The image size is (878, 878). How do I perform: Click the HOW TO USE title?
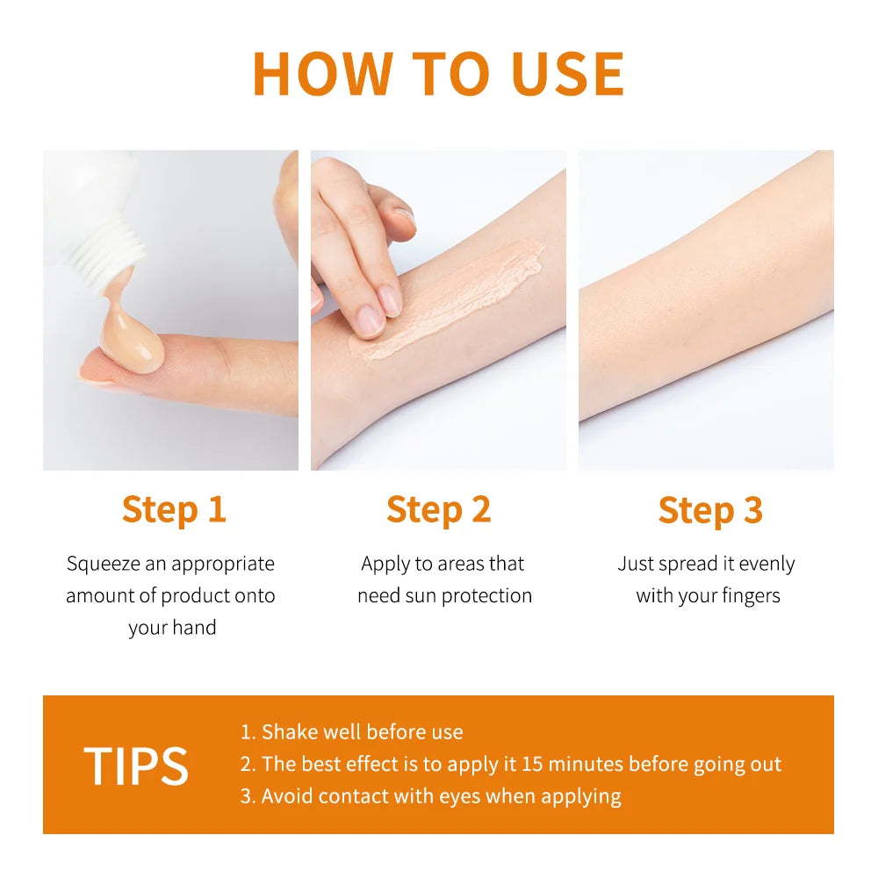[438, 74]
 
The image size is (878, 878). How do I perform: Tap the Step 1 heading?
[174, 510]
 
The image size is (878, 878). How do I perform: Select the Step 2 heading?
[438, 510]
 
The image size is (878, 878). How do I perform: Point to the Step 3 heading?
[709, 510]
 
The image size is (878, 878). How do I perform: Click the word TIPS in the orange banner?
[136, 766]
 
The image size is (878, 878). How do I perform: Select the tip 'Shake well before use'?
[362, 731]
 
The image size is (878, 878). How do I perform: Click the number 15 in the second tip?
[533, 764]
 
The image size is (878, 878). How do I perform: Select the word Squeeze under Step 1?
[101, 564]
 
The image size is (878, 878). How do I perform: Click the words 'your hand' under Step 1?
[172, 628]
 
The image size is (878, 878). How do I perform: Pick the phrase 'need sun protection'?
[444, 595]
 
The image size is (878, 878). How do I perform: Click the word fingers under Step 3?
[745, 595]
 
